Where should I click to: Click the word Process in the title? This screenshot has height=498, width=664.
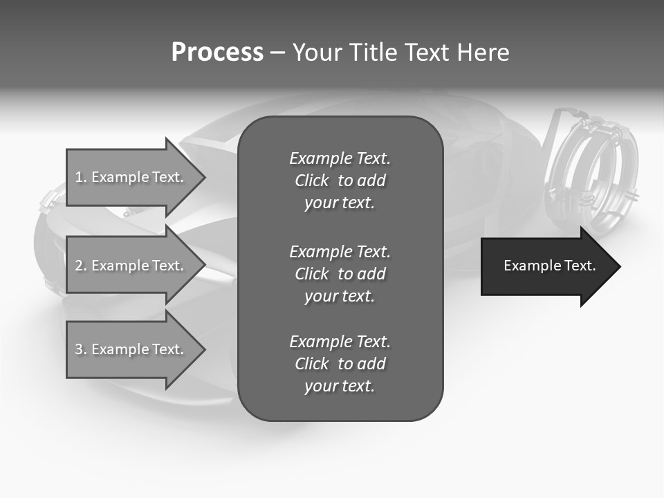click(x=217, y=53)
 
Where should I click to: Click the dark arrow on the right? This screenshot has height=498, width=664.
click(x=546, y=266)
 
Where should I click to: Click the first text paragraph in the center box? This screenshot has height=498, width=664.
click(x=340, y=181)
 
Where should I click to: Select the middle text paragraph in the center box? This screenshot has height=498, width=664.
click(x=340, y=274)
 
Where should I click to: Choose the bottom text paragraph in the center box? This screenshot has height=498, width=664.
click(x=340, y=364)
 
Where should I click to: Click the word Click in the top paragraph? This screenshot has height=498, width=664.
click(x=312, y=181)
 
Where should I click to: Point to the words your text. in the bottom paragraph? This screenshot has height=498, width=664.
click(x=340, y=386)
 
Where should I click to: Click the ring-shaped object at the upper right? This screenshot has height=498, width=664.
click(x=592, y=169)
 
